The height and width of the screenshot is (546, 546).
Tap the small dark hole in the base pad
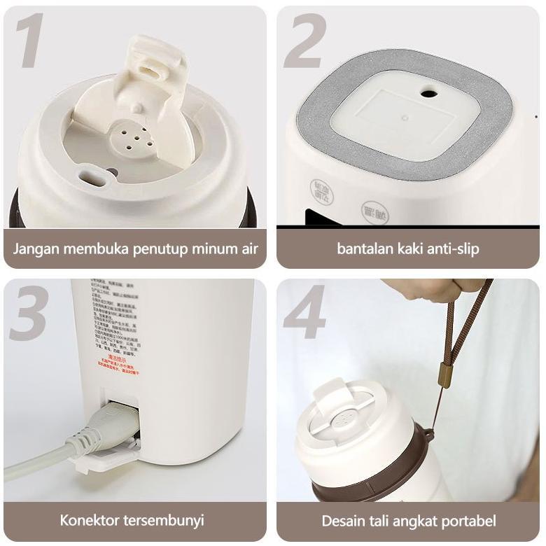pyautogui.click(x=428, y=92)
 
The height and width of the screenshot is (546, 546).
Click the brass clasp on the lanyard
pyautogui.click(x=443, y=376)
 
